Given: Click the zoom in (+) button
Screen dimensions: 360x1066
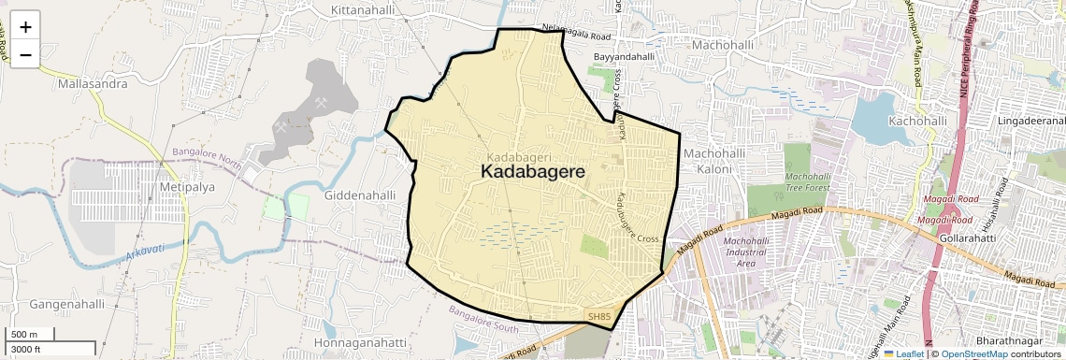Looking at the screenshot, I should pos(25,27).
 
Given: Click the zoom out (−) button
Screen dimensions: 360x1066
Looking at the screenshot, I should pos(25,55).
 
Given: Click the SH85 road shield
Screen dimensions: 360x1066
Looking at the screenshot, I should pos(599,318).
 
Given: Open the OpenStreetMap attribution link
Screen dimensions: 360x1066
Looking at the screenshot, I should pos(973,353).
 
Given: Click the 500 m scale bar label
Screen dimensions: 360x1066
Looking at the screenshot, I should pos(25,335).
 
